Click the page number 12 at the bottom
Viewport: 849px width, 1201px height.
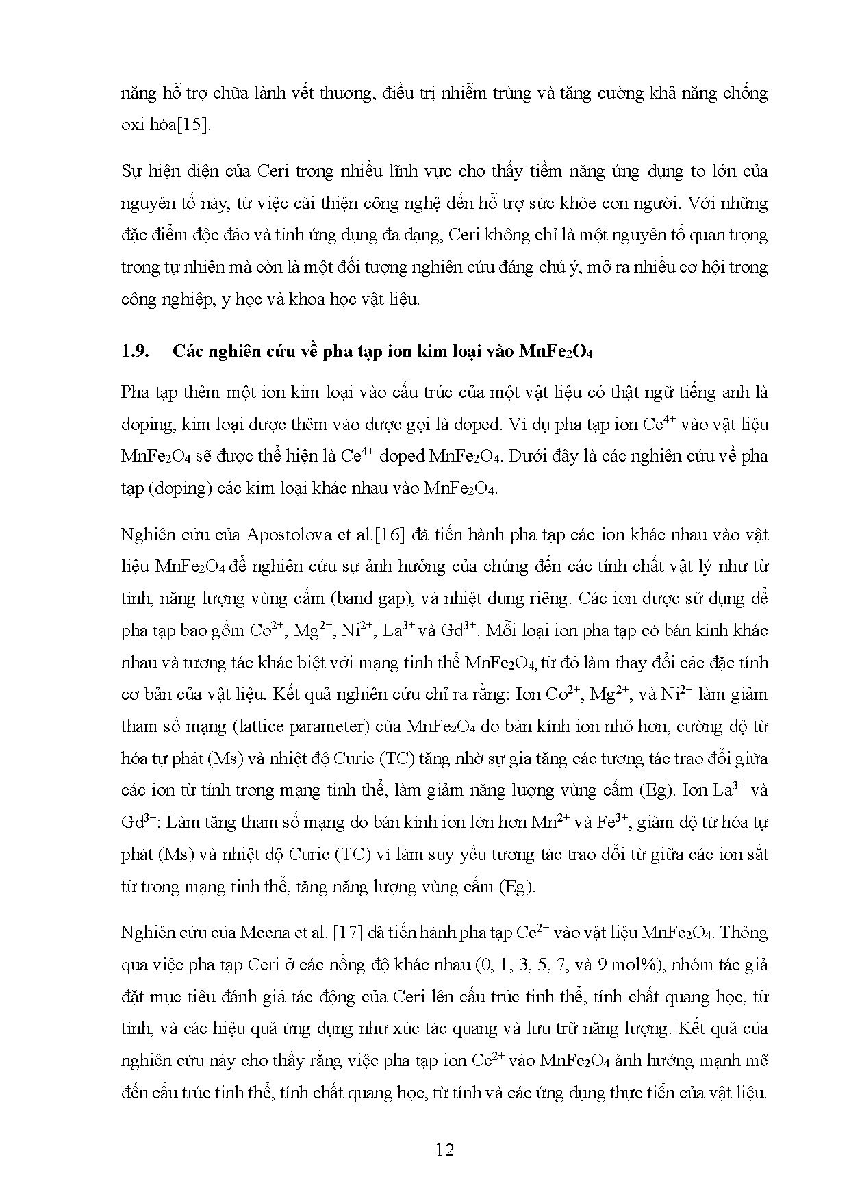coord(444,1150)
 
